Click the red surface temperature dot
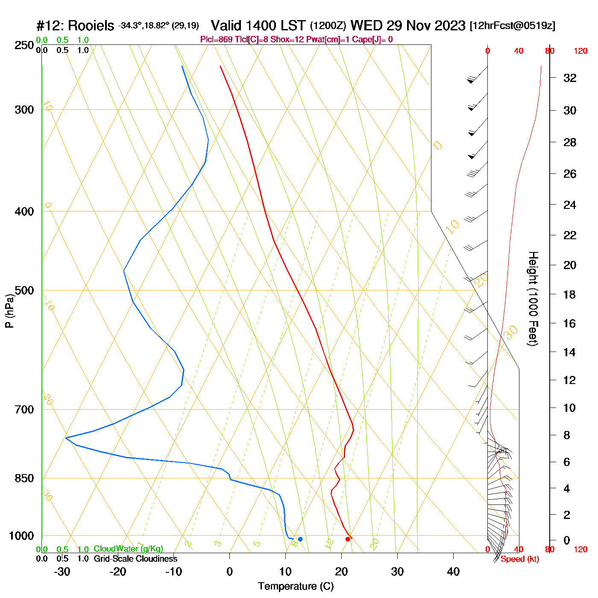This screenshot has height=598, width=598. pos(348,539)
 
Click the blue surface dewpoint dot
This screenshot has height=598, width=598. pos(300,539)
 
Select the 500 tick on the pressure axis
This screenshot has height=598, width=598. pos(24,290)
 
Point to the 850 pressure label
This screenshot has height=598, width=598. pos(24,478)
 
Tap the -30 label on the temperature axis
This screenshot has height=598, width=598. pos(62,572)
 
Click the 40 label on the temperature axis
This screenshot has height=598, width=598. pos(453,572)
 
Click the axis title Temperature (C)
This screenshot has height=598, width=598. pos(296,586)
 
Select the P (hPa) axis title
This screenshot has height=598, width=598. pos(9,311)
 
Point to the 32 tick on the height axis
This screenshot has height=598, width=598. pos(570,78)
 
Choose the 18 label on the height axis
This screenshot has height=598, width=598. pos(570,294)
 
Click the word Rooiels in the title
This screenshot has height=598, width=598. pos(91,26)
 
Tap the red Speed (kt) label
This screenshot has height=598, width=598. pos(520,559)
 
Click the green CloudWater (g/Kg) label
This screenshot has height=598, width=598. pos(128,549)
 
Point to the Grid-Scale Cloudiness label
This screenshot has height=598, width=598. pos(135,559)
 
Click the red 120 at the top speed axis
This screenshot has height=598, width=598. pos(580,51)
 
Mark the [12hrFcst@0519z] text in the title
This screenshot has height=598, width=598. pos(513,26)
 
